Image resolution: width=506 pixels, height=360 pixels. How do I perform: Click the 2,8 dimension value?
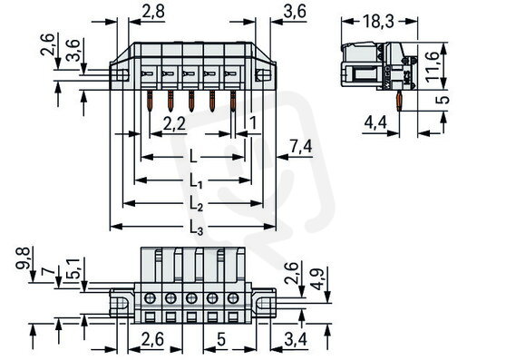153,12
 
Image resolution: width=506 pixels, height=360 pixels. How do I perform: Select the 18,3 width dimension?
378,22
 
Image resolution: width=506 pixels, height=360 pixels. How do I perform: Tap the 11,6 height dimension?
433,67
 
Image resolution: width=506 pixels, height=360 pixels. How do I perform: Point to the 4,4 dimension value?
375,123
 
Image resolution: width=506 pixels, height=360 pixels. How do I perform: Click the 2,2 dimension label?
175,123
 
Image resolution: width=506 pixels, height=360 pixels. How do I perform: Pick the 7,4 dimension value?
301,147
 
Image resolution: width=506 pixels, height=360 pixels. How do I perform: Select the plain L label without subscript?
193,157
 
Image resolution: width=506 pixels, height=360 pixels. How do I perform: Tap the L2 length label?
196,203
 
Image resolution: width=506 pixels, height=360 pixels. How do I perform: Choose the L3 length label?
196,227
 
